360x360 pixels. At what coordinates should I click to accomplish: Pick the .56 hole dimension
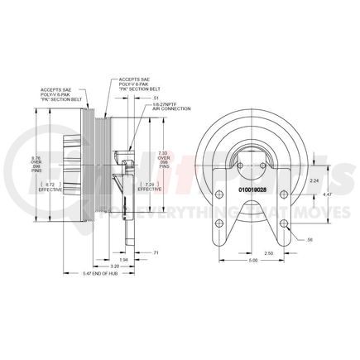point(310,238)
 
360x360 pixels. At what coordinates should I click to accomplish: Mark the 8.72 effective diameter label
point(54,186)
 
